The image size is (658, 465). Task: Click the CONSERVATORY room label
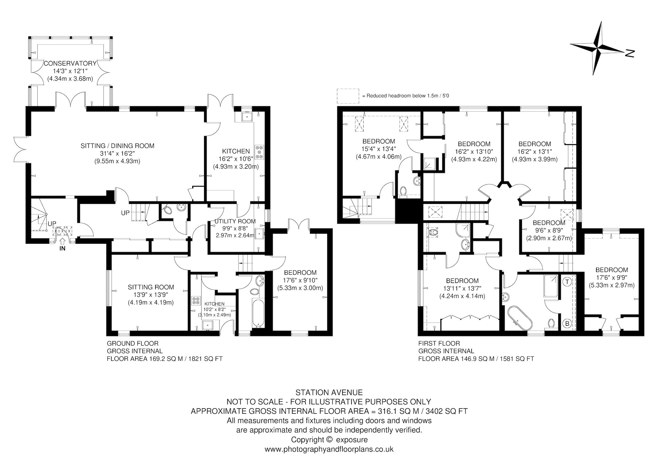pos(70,63)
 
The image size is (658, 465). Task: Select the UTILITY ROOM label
pos(235,221)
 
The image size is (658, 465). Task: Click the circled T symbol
pos(567,282)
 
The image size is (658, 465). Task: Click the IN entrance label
pos(62,248)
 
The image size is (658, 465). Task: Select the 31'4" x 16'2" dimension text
pos(117,154)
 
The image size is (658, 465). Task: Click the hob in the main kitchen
pos(259,152)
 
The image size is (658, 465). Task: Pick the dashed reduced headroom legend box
pos(348,96)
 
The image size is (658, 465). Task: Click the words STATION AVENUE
pos(329,392)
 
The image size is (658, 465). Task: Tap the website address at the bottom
pos(329,449)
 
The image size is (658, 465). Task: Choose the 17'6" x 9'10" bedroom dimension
pos(300,280)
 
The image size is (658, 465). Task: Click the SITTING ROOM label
pos(151,287)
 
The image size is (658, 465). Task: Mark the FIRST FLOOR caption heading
pos(439,343)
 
